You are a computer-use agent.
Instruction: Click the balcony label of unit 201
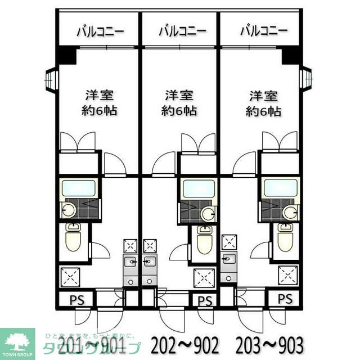pos(100,30)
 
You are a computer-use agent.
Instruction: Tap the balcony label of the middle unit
pos(181,30)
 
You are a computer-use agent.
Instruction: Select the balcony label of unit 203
pos(263,30)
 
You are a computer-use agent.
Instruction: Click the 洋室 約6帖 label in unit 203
pos(263,103)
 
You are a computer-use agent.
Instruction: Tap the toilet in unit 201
pos(73,238)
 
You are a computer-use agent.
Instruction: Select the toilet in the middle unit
pos(204,240)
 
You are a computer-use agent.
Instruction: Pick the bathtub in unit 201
pos(78,188)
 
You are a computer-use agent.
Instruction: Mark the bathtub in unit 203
pos(280,188)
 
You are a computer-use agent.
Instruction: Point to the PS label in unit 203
pos(285,299)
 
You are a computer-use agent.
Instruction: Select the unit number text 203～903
pos(269,344)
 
